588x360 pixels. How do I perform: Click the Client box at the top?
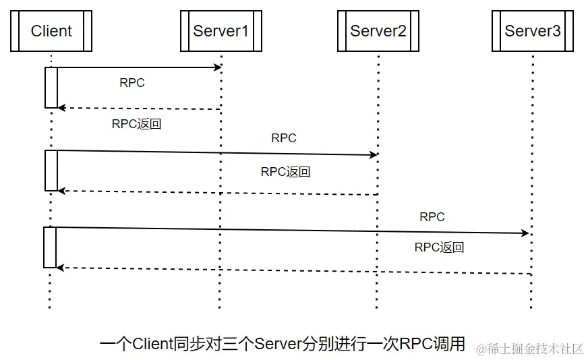coord(51,31)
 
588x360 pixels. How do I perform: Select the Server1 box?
coord(220,31)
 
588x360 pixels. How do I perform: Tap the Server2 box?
coord(378,31)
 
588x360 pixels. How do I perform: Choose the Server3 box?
coord(532,31)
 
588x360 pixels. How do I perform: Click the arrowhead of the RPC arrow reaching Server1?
coord(218,67)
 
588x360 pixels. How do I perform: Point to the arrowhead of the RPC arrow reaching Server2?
coord(374,155)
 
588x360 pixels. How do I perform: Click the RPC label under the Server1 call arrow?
coord(132,84)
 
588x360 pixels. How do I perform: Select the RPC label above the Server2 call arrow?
coord(284,138)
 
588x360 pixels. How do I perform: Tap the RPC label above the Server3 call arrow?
coord(432,217)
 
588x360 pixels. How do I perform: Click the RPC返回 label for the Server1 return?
coord(136,124)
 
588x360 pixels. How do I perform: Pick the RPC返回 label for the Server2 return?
coord(285,172)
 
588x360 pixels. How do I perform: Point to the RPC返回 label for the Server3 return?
coord(439,247)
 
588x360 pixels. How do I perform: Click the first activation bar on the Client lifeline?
coord(51,87)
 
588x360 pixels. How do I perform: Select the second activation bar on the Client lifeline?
coord(51,170)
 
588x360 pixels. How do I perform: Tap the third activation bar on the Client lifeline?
coord(51,247)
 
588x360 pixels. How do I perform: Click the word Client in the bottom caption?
coord(152,344)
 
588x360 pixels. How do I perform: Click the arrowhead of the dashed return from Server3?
coord(61,268)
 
